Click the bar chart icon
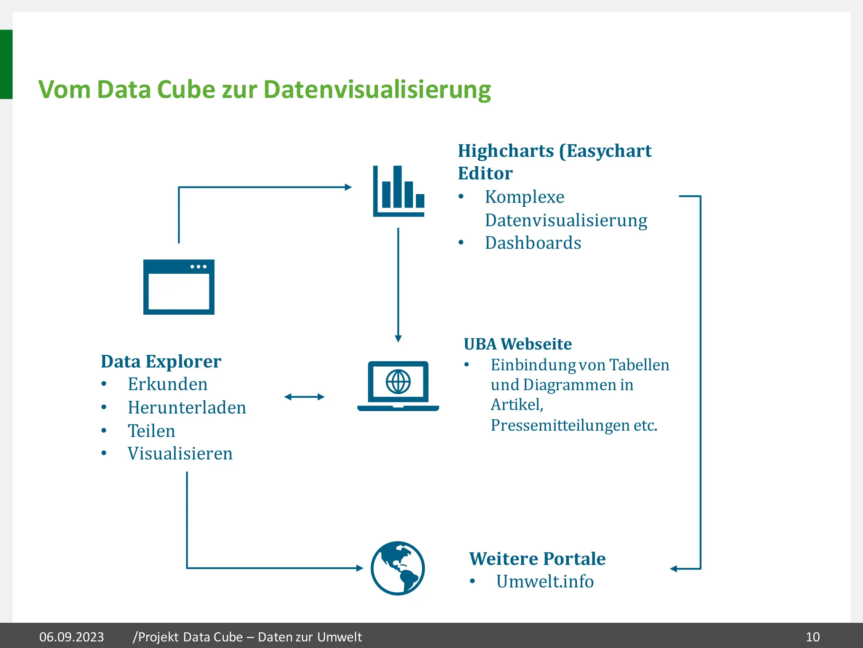[399, 192]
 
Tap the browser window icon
[179, 287]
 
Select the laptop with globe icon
[398, 386]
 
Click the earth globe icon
[398, 568]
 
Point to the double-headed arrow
[304, 397]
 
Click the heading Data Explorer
[161, 362]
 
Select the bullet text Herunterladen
[187, 408]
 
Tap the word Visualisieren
[180, 454]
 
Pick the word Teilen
[151, 431]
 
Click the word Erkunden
[167, 384]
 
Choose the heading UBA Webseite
[517, 344]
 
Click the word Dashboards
[533, 243]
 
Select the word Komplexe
[524, 197]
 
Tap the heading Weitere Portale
[537, 559]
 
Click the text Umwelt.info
[544, 582]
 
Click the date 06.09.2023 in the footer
[71, 637]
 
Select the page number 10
[812, 637]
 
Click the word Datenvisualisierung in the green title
[377, 90]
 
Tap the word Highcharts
[506, 151]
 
